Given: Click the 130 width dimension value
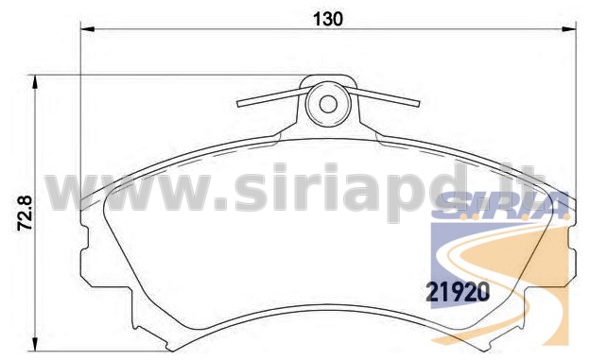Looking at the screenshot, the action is [328, 19].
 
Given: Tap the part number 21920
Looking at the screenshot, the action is [458, 292].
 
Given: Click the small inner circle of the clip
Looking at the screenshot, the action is [328, 104].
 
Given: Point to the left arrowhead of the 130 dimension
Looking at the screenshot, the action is [88, 29].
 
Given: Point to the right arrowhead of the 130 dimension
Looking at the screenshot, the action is [569, 29].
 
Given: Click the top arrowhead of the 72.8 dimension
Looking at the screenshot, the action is [35, 82].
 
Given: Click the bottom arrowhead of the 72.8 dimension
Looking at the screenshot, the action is [35, 345].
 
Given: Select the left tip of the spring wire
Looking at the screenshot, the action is [238, 104].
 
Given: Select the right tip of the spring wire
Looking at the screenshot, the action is [418, 103].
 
